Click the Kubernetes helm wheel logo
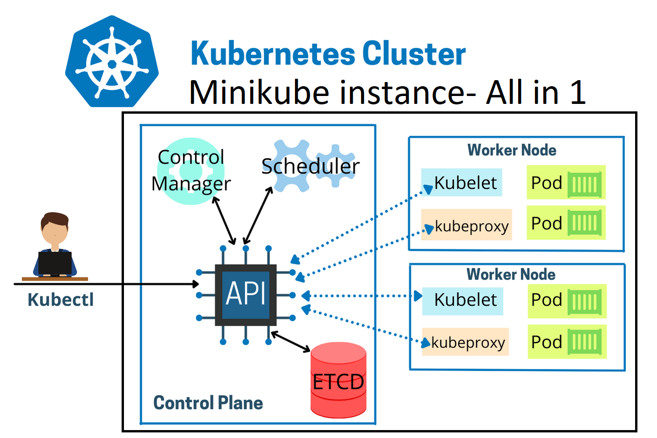point(112,62)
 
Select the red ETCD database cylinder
point(338,380)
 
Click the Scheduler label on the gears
point(310,166)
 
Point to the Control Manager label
point(191,171)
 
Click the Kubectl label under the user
point(61,300)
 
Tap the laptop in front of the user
point(55,263)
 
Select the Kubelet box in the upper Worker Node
point(462,183)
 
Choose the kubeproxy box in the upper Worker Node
point(466,226)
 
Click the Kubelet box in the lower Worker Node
point(463,300)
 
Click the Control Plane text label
point(208,403)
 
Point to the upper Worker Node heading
point(512,150)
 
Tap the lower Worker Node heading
point(511,274)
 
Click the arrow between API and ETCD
point(291,342)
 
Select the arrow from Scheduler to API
point(258,215)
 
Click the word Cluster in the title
point(414,54)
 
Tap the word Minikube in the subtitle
point(259,92)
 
